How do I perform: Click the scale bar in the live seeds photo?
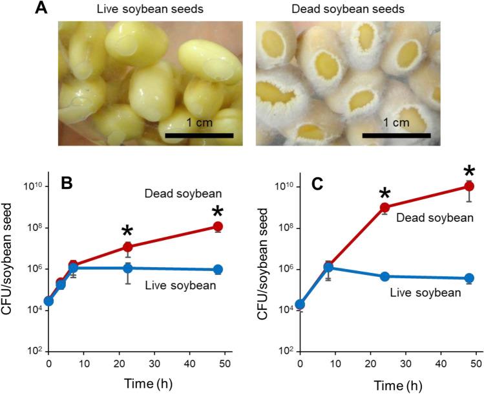click(199, 136)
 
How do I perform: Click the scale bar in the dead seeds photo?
click(396, 136)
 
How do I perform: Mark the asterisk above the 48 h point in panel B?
click(218, 211)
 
